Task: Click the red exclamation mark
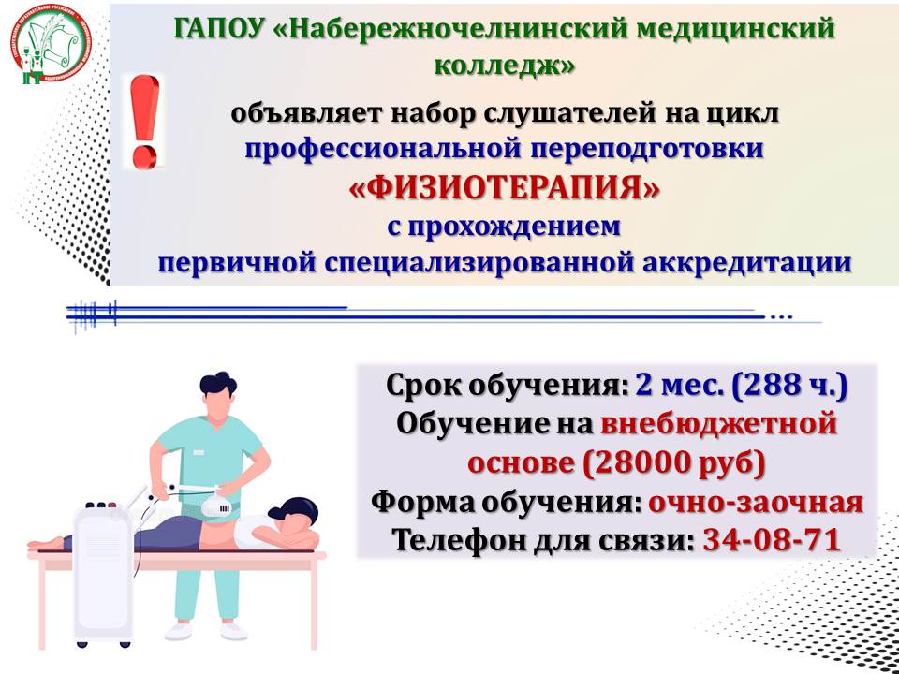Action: [144, 122]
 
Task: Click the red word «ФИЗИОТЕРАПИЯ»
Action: [505, 189]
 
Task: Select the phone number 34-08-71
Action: [772, 539]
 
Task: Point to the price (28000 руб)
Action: [674, 462]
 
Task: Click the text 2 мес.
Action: [680, 385]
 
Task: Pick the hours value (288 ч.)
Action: [789, 385]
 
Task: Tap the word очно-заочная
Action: [756, 502]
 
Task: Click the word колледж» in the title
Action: [505, 65]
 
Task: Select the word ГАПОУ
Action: [218, 29]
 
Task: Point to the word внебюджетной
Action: [719, 424]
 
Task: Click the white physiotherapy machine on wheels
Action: [103, 573]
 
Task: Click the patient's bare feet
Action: [45, 542]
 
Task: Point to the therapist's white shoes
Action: [206, 631]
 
